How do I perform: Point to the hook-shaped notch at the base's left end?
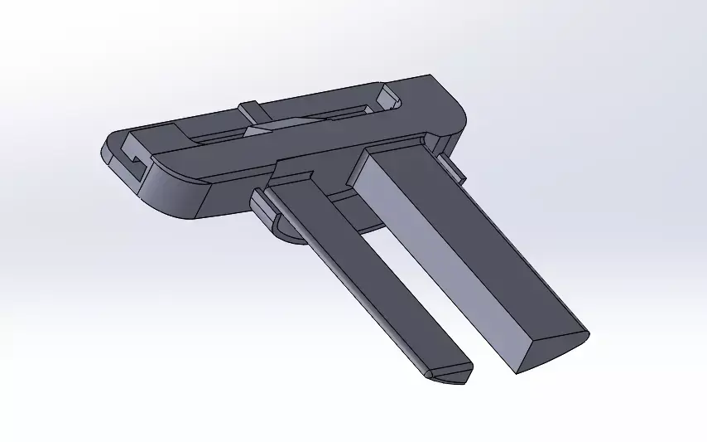132,158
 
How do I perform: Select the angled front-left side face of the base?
174,195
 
